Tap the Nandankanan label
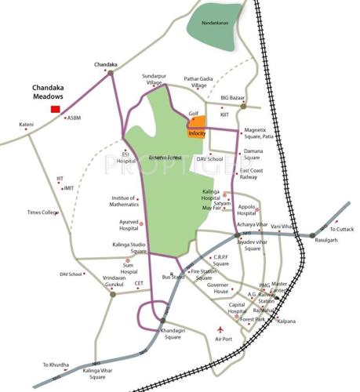(x=213, y=24)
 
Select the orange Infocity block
(x=196, y=128)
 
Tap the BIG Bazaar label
(x=235, y=97)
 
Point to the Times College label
(x=43, y=212)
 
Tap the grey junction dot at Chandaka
(x=111, y=73)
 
